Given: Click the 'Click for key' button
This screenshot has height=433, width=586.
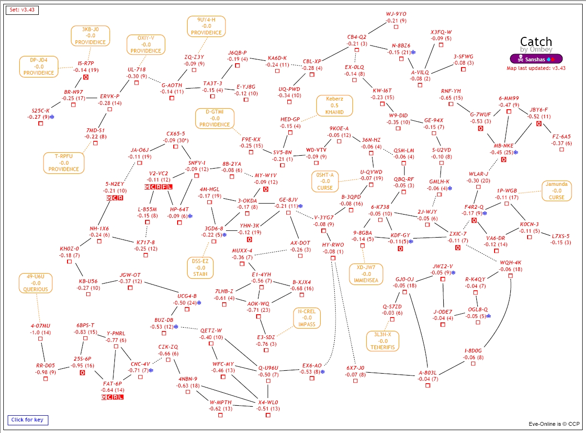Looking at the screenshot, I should [27, 420].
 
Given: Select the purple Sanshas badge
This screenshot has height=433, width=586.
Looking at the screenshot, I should [536, 59].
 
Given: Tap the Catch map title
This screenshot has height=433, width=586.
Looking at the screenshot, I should [536, 42].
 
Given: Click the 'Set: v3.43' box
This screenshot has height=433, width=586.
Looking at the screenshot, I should [22, 10].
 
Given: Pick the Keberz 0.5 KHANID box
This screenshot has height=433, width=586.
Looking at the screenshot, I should [334, 106].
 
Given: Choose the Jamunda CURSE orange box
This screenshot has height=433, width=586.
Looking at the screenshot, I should [557, 191].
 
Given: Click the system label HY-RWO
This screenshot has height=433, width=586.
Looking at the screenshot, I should [333, 244].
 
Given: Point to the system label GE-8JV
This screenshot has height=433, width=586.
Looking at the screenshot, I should [289, 199].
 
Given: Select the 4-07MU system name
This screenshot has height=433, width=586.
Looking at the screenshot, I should [40, 326].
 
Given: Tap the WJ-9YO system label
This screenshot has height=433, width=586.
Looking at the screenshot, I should [396, 14].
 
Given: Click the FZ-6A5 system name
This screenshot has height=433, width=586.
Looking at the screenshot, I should [561, 136].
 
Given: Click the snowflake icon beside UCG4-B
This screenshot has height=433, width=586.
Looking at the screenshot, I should [199, 303].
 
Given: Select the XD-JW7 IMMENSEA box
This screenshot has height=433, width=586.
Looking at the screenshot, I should [366, 273].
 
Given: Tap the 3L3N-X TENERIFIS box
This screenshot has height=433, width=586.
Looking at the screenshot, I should [383, 341].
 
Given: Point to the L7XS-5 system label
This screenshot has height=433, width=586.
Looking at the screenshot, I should [561, 236].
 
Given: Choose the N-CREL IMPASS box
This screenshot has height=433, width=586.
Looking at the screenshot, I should [307, 318].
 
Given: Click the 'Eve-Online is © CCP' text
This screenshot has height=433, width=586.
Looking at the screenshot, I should [554, 424].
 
